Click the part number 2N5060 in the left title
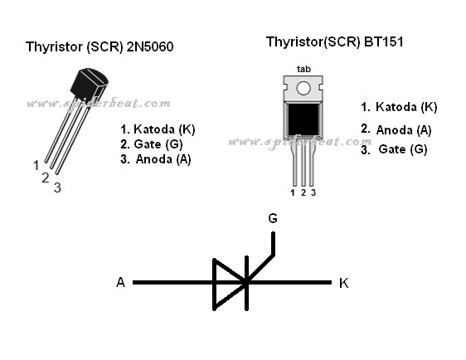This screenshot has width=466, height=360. point(150,46)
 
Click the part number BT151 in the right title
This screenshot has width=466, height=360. point(384,41)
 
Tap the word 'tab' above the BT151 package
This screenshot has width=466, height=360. point(303,69)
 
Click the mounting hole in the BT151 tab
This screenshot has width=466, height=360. point(303,88)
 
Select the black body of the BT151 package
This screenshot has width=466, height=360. point(303,119)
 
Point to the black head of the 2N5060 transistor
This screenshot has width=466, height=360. point(89,84)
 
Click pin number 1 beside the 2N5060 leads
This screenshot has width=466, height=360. point(36,165)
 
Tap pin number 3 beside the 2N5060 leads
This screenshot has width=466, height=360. point(57,187)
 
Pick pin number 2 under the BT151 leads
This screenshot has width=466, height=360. point(303,192)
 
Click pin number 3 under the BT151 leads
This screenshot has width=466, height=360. point(313,192)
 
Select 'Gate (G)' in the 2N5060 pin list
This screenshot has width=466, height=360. point(158,144)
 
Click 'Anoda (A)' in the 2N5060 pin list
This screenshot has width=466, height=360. point(163,159)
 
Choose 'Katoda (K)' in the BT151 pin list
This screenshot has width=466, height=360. point(406,107)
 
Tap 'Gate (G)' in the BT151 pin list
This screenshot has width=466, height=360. point(403,149)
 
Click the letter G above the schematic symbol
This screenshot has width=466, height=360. point(273,218)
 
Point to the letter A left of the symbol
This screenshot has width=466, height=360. point(121,282)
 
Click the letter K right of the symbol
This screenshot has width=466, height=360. point(344,283)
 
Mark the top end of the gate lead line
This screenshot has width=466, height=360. point(273,233)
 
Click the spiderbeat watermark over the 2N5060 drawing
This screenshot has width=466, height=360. point(99,104)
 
